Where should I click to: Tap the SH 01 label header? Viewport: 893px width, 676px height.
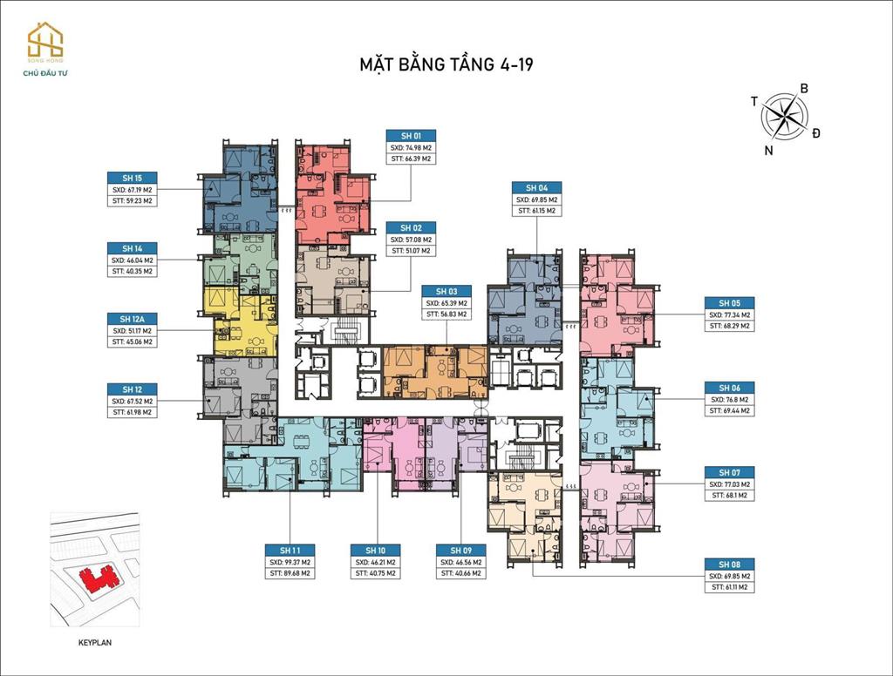411,136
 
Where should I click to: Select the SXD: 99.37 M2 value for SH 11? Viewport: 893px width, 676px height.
290,562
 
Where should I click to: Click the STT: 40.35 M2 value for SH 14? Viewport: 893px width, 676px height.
132,271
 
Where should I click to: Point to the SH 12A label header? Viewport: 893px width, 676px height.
132,319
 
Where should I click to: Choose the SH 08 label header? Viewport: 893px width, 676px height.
730,564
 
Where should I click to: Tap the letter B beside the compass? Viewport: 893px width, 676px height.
804,88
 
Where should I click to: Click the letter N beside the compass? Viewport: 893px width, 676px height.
768,150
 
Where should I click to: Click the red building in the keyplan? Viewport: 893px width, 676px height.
96,576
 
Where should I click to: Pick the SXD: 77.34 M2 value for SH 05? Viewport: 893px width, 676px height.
730,314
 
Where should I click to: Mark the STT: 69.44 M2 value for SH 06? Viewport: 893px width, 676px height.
730,409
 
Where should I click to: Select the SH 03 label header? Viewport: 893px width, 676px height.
446,291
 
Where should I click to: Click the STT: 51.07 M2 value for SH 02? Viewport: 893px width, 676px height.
411,250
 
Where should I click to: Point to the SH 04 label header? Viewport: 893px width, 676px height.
536,187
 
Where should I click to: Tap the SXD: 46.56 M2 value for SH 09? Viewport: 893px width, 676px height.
461,562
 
